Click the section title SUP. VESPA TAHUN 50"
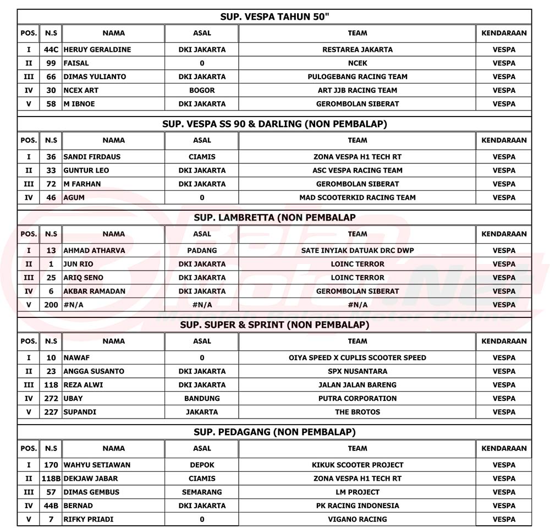point(274,17)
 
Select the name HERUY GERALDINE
point(97,50)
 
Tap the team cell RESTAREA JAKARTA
point(357,50)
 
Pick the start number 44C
point(51,50)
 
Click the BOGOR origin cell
point(202,90)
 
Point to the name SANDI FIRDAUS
point(92,157)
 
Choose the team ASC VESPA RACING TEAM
point(357,170)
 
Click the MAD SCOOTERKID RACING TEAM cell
point(357,197)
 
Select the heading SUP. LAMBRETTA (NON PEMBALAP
point(274,218)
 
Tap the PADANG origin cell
point(202,250)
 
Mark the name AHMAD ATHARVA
point(94,250)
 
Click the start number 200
point(51,305)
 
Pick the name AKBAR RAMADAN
point(95,291)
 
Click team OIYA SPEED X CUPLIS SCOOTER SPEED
point(357,358)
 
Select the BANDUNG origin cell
point(202,398)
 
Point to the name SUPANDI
point(80,412)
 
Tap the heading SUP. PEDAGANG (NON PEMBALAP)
point(274,432)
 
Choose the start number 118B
point(51,479)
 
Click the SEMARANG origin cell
point(202,492)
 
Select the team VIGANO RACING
point(357,519)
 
